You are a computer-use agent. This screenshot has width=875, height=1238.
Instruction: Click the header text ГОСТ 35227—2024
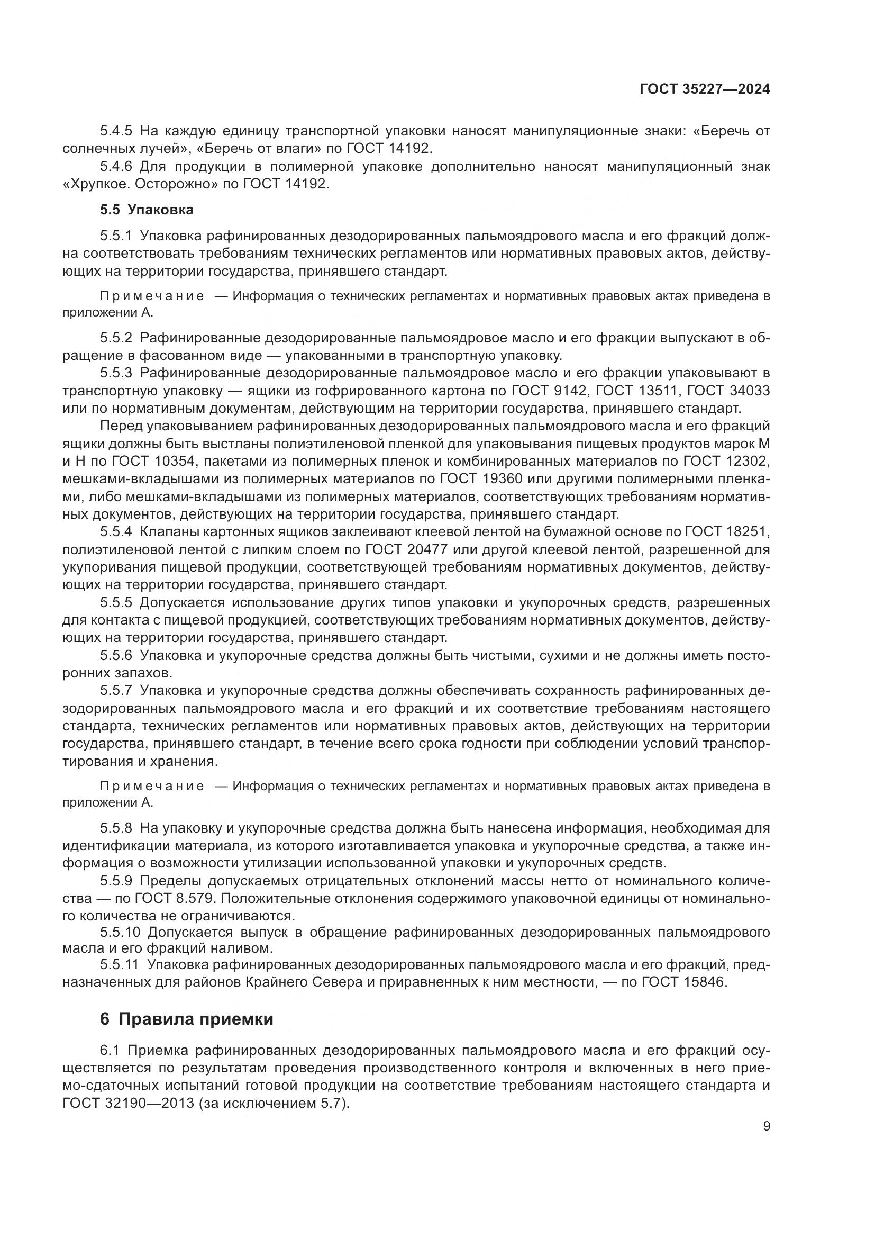tap(704, 89)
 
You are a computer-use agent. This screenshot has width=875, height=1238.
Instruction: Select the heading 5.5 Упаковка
tap(147, 210)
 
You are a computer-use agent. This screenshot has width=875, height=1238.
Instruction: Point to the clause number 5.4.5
tap(116, 131)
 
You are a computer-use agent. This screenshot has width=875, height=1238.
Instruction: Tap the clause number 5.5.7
tap(116, 691)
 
